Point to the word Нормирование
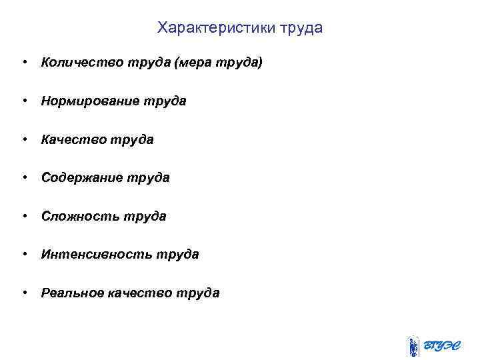pos(91,101)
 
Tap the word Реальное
pos(73,293)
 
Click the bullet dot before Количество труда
pos(24,63)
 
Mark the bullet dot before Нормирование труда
pos(24,101)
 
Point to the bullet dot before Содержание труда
pos(24,178)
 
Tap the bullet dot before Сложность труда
pos(24,217)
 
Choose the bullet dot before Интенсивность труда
pos(24,255)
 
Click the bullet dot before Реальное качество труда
pos(24,293)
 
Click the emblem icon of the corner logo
pos(413,346)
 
